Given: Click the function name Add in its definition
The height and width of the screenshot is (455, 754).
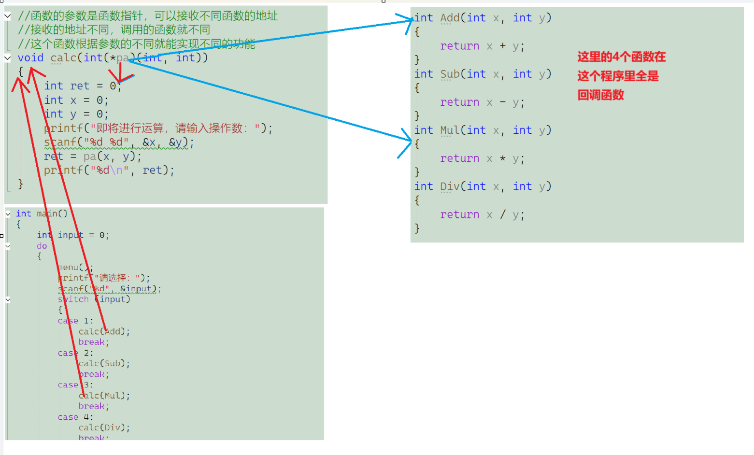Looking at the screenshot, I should click(x=450, y=18).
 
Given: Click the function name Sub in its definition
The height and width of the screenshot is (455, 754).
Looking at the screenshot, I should click(x=450, y=74).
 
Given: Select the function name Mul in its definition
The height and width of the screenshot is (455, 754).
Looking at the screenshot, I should click(x=450, y=130).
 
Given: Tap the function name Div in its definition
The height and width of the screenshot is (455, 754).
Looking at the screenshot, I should click(x=450, y=186).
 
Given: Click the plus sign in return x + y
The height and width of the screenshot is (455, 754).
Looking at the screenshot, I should click(x=503, y=46).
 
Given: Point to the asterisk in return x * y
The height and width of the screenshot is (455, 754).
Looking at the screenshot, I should click(x=503, y=158).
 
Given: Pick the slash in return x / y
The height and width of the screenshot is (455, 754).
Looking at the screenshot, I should click(x=503, y=214).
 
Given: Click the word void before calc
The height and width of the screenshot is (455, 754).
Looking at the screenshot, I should click(x=30, y=58).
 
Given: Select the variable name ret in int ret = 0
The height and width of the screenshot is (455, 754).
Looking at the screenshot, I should click(x=80, y=86).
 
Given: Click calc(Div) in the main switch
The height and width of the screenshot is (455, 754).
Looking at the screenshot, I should click(x=104, y=427).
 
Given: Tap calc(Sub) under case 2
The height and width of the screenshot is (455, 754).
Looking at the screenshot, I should click(x=104, y=363).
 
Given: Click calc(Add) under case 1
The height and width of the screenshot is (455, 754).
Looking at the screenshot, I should click(x=104, y=331).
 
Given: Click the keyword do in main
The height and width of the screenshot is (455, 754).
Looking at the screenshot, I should click(x=42, y=246).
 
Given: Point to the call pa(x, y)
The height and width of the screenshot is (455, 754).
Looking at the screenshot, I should click(x=112, y=156).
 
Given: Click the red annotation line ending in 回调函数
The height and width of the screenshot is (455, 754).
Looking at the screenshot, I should click(x=600, y=95).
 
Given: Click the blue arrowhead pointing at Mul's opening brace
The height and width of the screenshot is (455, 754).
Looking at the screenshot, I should click(x=406, y=140).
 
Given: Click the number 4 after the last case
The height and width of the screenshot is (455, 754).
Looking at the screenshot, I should click(x=86, y=417).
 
